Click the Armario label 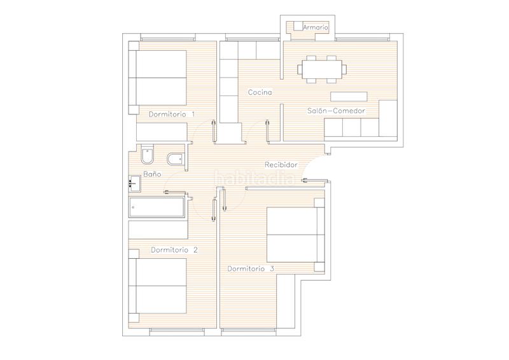pos(315,27)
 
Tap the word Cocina pos(260,92)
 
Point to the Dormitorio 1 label pos(172,114)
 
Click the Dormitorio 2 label pos(174,250)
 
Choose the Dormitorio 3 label pos(251,269)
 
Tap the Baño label pos(152,174)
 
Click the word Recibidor pos(281,164)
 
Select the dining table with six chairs pos(321,69)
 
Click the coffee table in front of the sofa pos(349,97)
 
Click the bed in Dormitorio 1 pos(159,78)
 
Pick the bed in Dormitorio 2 pos(159,286)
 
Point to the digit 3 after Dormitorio pos(272,269)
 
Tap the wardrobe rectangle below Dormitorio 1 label pos(162,131)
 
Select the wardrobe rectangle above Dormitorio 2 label pos(158,230)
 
